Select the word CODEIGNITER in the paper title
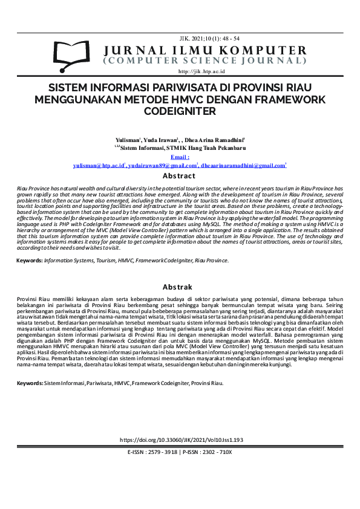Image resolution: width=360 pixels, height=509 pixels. (180, 111)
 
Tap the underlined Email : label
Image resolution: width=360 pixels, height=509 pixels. (180, 157)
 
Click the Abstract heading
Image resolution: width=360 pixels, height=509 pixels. (180, 176)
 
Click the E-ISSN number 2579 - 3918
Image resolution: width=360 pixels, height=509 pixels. (160, 452)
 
